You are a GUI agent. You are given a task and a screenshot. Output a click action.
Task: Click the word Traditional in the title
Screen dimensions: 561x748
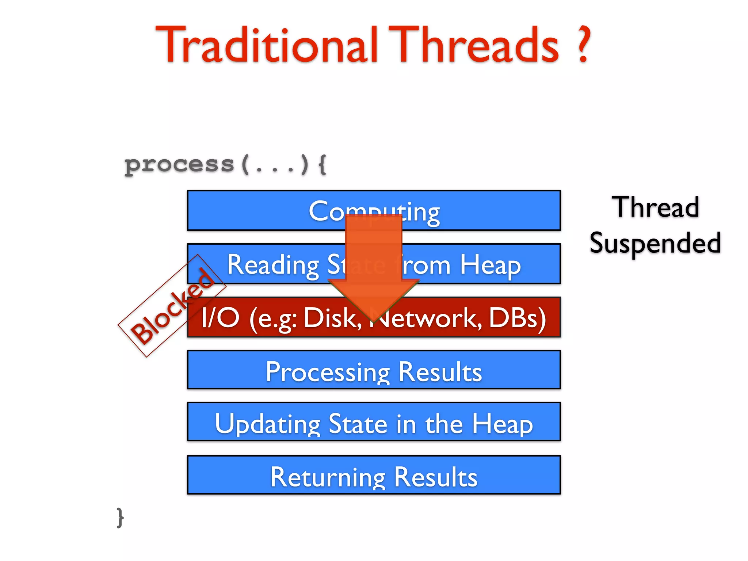tap(267, 46)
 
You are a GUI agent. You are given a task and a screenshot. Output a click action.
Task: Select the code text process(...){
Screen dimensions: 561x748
tap(225, 165)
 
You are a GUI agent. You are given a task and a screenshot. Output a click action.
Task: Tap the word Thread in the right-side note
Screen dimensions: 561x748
tap(655, 207)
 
